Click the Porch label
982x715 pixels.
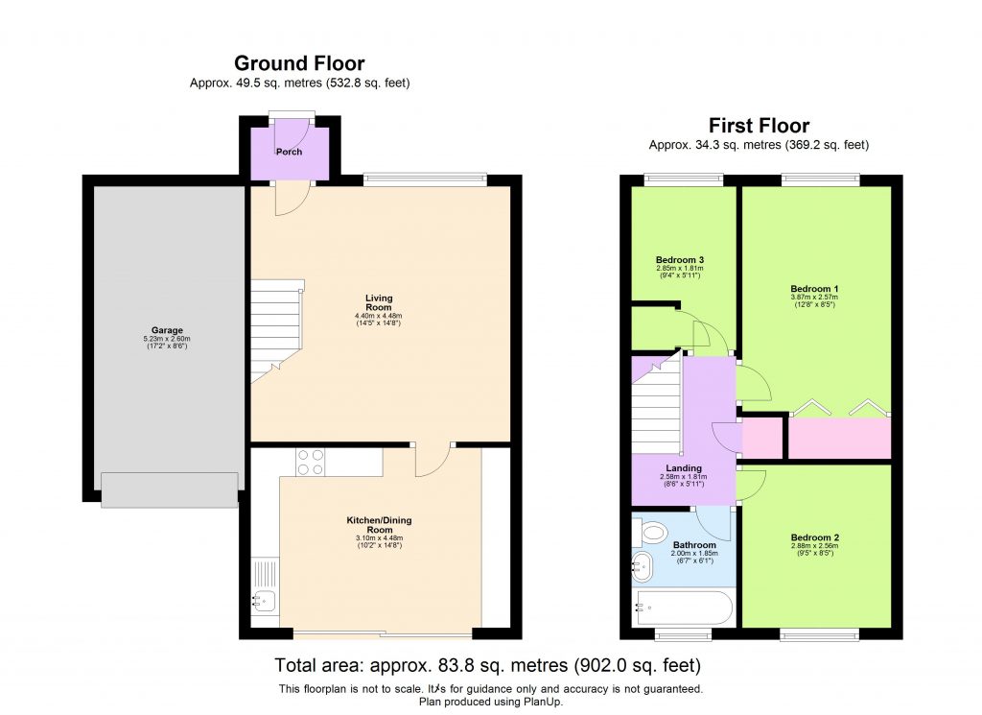[289, 152]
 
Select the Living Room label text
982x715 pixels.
[379, 298]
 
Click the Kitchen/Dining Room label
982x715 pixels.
[381, 524]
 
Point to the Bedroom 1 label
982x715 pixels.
[814, 289]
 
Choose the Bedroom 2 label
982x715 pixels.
[814, 537]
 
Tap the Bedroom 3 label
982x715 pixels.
[680, 260]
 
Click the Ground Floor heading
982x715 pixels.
[299, 63]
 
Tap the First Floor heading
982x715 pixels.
[759, 126]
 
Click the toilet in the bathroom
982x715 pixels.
[654, 531]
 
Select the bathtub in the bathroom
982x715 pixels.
[685, 608]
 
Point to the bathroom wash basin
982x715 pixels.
[642, 566]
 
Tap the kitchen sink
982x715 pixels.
[263, 602]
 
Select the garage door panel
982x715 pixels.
[169, 489]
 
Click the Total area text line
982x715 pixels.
[487, 664]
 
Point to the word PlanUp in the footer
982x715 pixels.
[543, 702]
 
